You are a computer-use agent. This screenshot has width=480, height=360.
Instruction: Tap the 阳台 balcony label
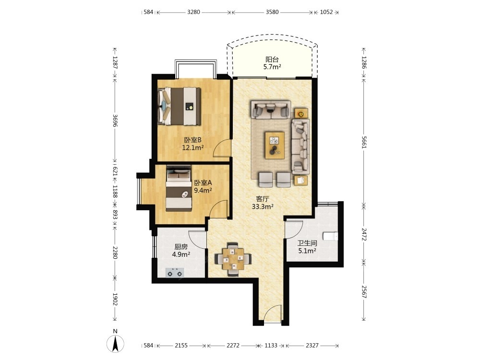pyautogui.click(x=272, y=60)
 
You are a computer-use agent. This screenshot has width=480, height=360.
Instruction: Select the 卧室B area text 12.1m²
pyautogui.click(x=193, y=148)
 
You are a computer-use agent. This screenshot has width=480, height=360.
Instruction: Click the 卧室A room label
pyautogui.click(x=203, y=183)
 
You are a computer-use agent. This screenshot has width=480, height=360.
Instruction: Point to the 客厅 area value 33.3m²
pyautogui.click(x=263, y=206)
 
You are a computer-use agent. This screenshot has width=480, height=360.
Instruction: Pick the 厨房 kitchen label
pyautogui.click(x=181, y=247)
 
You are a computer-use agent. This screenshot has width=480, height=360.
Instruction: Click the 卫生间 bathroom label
pyautogui.click(x=307, y=243)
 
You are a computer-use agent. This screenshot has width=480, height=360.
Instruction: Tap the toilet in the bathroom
pyautogui.click(x=331, y=236)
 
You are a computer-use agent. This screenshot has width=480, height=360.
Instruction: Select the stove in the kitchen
pyautogui.click(x=175, y=273)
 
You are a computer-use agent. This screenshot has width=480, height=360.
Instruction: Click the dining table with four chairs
pyautogui.click(x=233, y=259)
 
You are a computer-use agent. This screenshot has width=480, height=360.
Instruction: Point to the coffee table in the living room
pyautogui.click(x=275, y=145)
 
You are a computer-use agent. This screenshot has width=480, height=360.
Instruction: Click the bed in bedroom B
pyautogui.click(x=179, y=106)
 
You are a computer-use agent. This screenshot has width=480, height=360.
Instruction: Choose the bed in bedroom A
pyautogui.click(x=179, y=188)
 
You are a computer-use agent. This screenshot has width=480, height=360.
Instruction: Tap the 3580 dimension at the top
pyautogui.click(x=272, y=12)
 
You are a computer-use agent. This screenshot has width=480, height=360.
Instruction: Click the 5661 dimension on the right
pyautogui.click(x=364, y=142)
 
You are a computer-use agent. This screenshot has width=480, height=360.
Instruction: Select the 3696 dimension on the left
pyautogui.click(x=115, y=120)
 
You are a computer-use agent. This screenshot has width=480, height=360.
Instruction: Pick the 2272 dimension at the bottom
pyautogui.click(x=233, y=345)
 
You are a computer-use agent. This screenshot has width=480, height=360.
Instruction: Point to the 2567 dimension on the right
pyautogui.click(x=364, y=291)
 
